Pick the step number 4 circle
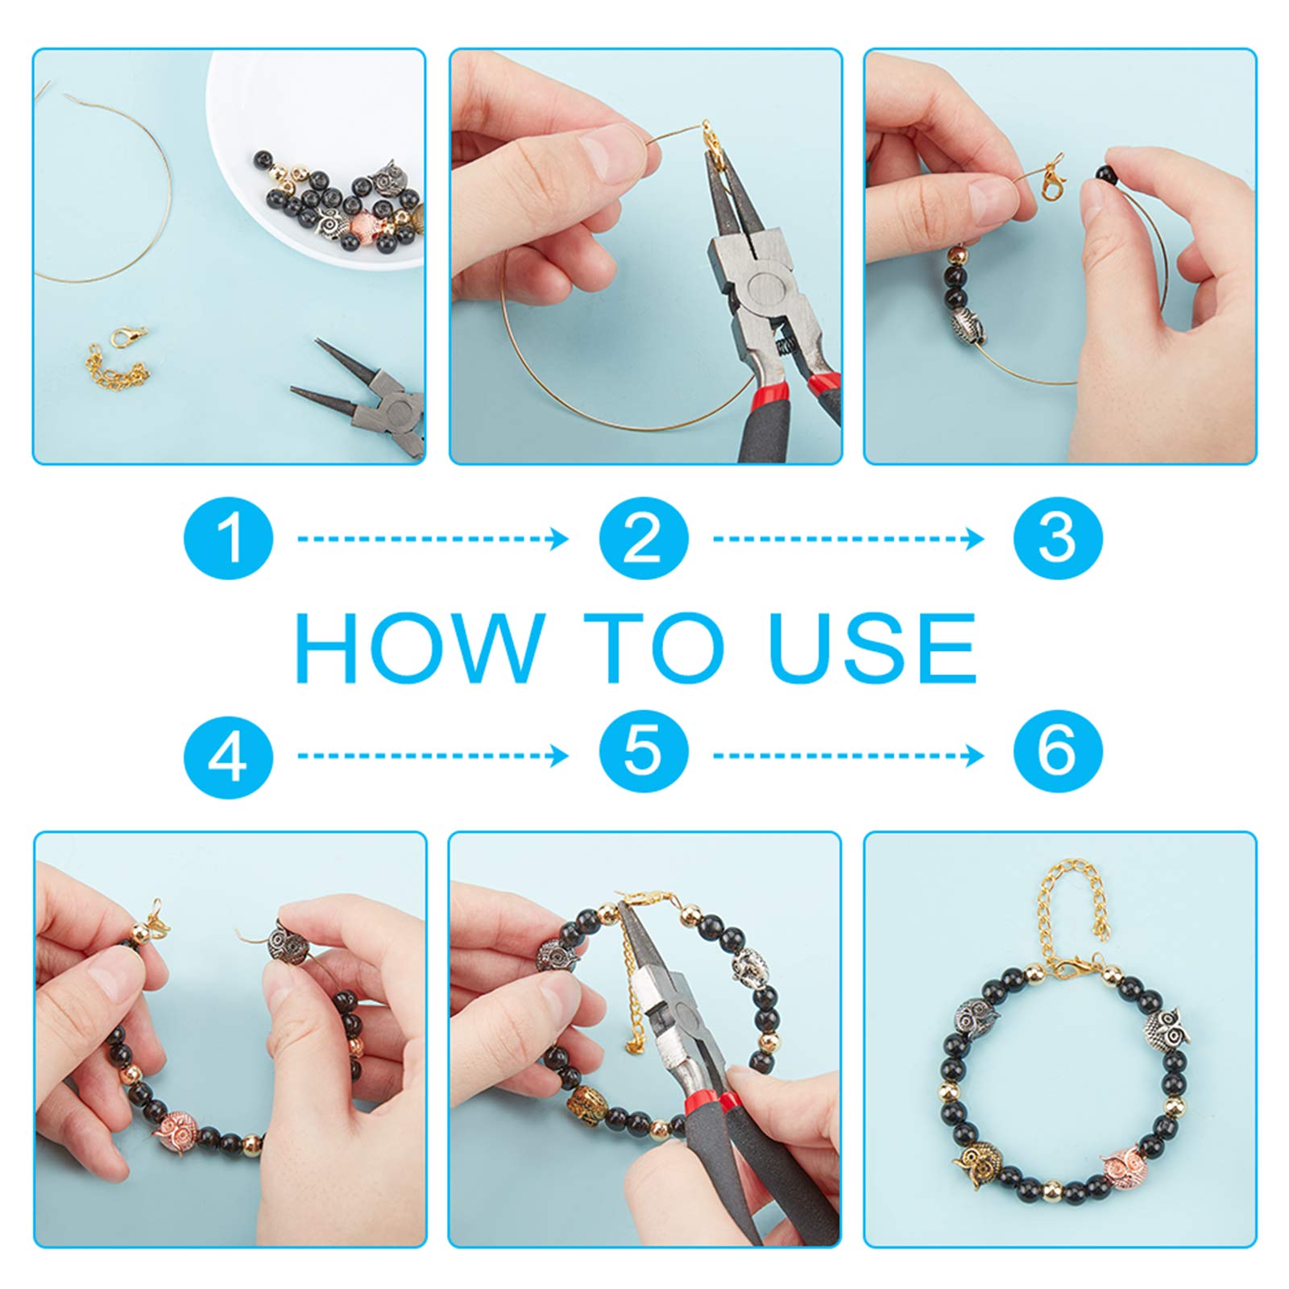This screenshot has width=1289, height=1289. click(x=229, y=754)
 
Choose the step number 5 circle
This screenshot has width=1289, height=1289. click(x=644, y=754)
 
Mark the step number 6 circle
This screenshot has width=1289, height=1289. click(x=1058, y=754)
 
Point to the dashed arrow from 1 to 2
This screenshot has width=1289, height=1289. click(x=433, y=538)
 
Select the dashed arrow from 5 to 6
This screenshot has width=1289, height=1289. click(x=848, y=756)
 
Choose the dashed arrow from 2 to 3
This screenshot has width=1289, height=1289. click(x=848, y=538)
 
